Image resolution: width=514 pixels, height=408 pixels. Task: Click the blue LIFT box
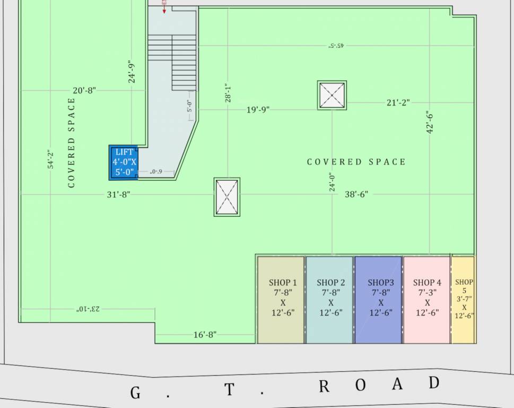coord(124,162)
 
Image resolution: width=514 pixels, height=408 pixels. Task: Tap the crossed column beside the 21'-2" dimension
coord(332,96)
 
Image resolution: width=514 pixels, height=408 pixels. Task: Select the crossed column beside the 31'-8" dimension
coord(227,197)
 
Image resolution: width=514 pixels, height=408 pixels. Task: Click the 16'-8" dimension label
coord(204,335)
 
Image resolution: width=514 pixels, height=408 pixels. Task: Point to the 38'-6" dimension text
coord(356,194)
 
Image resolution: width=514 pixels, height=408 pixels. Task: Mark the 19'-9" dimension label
coord(258,110)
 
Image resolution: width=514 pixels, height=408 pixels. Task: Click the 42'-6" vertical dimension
coord(430,122)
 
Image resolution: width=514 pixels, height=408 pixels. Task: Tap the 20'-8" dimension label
coord(84,90)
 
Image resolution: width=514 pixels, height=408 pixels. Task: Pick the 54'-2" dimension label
coord(50,159)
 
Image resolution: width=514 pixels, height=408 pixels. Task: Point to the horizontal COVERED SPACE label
coord(356,162)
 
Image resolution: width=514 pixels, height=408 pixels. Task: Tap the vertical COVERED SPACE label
coord(72,143)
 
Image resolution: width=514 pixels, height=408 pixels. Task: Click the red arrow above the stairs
coord(164,7)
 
